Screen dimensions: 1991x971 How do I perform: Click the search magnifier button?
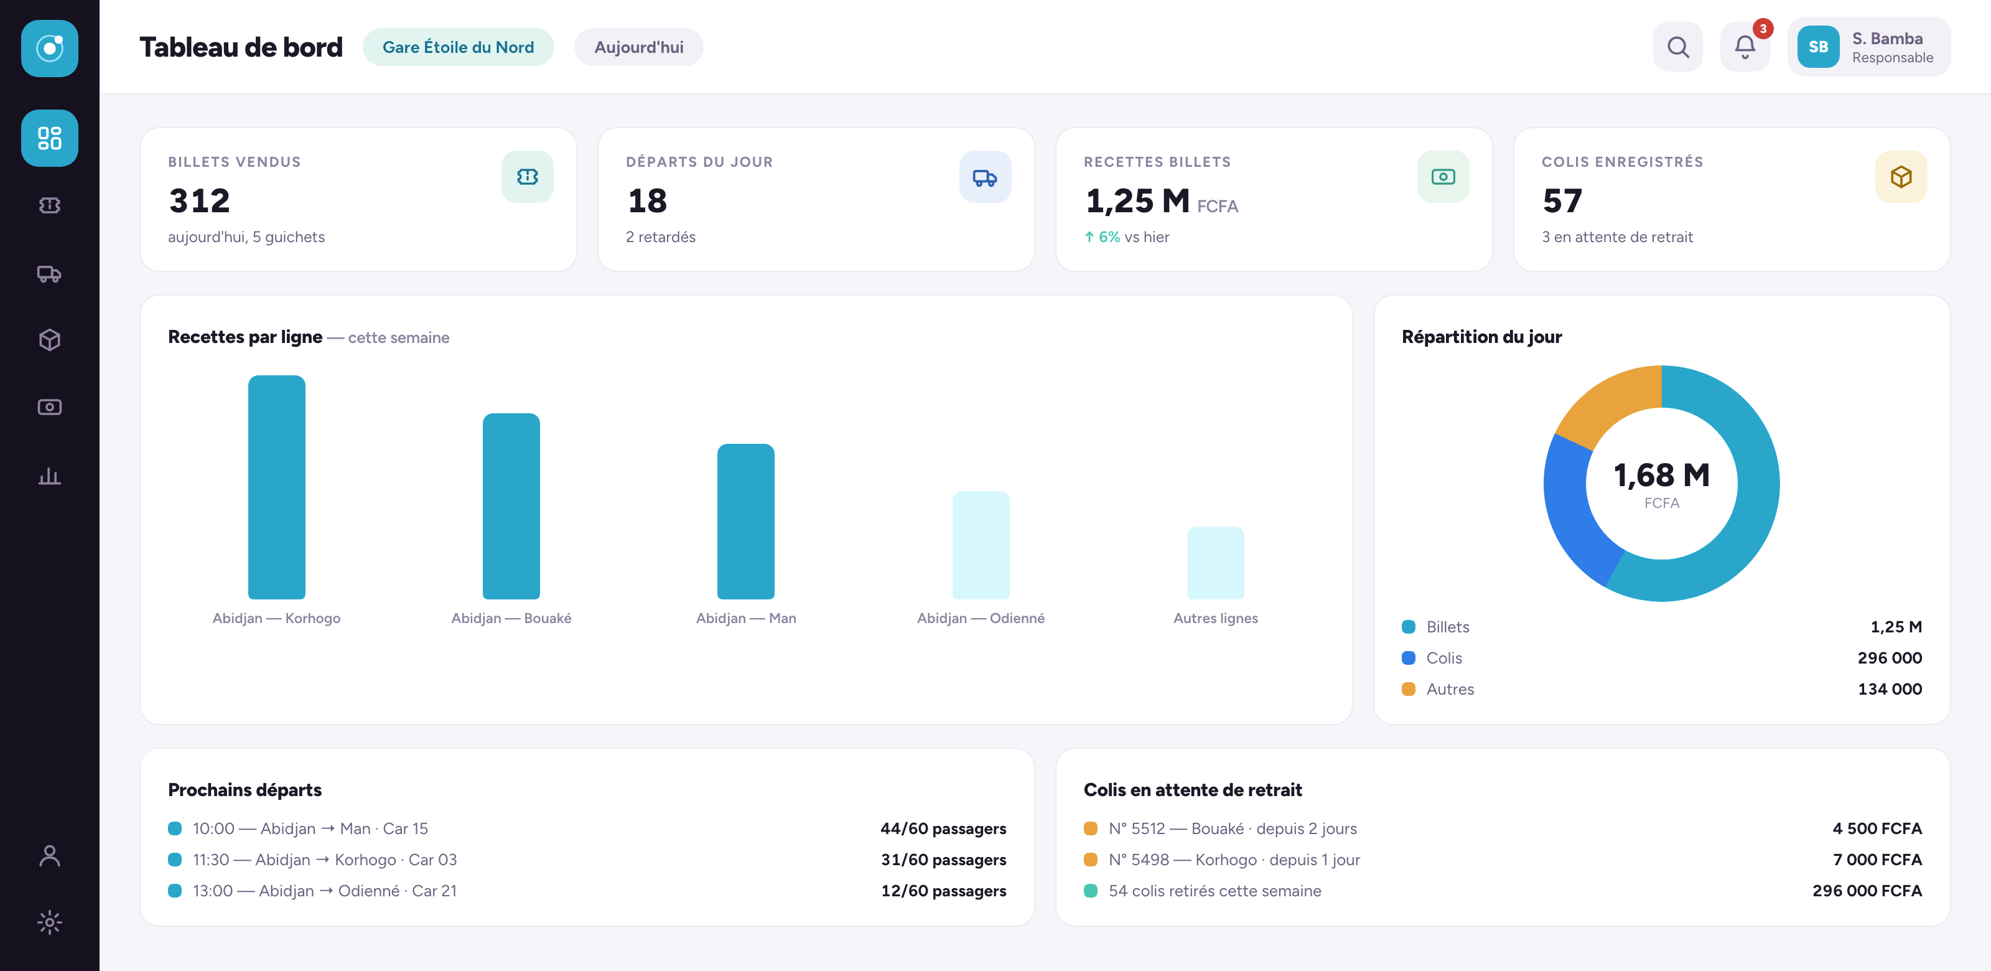click(x=1677, y=47)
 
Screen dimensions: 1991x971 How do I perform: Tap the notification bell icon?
click(x=1745, y=47)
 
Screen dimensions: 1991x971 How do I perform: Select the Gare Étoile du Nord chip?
click(x=459, y=47)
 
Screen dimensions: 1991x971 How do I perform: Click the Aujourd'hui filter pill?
click(x=638, y=47)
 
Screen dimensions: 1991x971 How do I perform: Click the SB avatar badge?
click(x=1818, y=47)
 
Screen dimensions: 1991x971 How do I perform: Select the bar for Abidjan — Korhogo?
click(x=277, y=487)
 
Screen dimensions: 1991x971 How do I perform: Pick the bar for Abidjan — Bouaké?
click(x=511, y=507)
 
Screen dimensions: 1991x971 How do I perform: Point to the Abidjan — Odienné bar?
click(x=981, y=545)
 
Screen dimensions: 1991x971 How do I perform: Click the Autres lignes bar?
click(x=1216, y=563)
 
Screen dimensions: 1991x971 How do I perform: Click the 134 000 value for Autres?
click(x=1890, y=689)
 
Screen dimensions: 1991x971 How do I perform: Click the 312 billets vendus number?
click(x=199, y=201)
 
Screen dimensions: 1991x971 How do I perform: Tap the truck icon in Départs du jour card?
click(x=985, y=177)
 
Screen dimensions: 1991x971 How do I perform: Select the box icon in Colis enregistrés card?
click(x=1901, y=177)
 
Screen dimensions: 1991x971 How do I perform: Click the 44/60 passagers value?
click(x=943, y=828)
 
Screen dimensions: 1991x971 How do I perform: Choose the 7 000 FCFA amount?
click(x=1877, y=860)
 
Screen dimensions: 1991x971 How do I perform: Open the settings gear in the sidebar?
click(x=50, y=922)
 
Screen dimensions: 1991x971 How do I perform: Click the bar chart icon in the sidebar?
click(x=50, y=476)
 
